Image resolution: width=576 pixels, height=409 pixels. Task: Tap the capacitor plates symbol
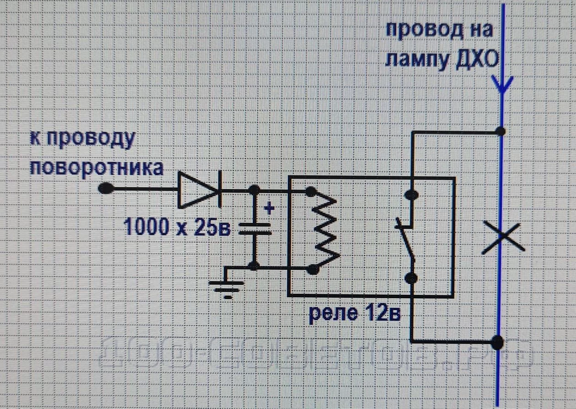tap(255, 229)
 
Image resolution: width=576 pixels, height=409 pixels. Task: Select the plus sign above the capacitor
tap(270, 208)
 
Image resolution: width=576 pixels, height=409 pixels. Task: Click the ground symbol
tap(226, 289)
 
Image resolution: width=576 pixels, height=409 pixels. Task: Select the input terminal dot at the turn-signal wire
tap(106, 188)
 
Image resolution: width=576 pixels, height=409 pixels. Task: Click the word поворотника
tap(97, 168)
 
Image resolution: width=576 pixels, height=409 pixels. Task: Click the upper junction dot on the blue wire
tap(501, 132)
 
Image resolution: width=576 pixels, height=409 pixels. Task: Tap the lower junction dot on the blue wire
tap(497, 342)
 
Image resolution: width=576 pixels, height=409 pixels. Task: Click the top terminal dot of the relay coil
tap(311, 192)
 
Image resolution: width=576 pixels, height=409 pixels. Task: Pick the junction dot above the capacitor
tap(254, 189)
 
